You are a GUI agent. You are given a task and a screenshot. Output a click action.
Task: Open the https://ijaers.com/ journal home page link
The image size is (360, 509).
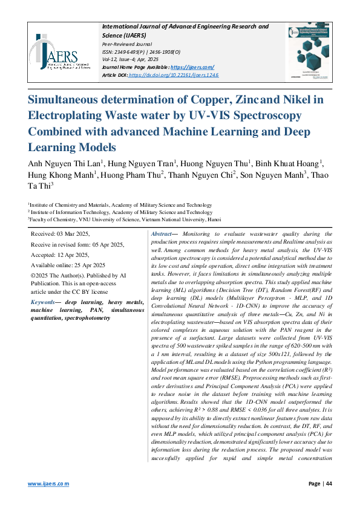pos(192,66)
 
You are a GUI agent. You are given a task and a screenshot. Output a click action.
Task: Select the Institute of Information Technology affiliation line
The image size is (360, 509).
pos(122,212)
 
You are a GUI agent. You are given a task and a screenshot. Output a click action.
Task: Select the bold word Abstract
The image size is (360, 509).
pos(162,233)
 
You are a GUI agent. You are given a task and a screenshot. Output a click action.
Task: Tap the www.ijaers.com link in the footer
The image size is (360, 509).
pos(48,484)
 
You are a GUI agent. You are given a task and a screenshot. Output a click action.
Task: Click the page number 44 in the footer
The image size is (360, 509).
pos(329,484)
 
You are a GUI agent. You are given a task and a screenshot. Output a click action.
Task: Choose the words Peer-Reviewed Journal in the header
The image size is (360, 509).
pos(126,44)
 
